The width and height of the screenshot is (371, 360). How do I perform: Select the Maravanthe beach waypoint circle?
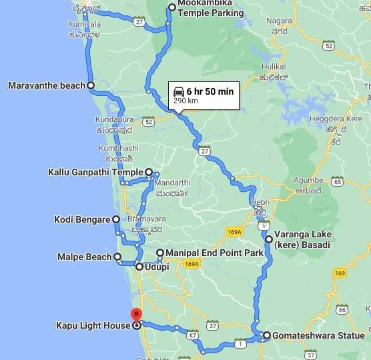click(x=91, y=85)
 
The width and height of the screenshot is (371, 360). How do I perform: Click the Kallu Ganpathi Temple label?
click(x=96, y=172)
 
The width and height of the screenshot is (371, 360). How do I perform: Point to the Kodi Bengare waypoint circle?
click(x=116, y=219)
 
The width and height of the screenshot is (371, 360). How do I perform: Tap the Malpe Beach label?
click(x=85, y=257)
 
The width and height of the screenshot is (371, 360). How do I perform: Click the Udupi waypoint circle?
click(x=139, y=267)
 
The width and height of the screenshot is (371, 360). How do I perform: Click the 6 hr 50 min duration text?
click(x=210, y=91)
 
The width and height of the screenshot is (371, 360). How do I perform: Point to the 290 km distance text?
click(x=185, y=101)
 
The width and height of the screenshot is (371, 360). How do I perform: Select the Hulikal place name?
click(x=274, y=67)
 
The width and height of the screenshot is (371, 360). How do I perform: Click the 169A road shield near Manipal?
click(x=192, y=265)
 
